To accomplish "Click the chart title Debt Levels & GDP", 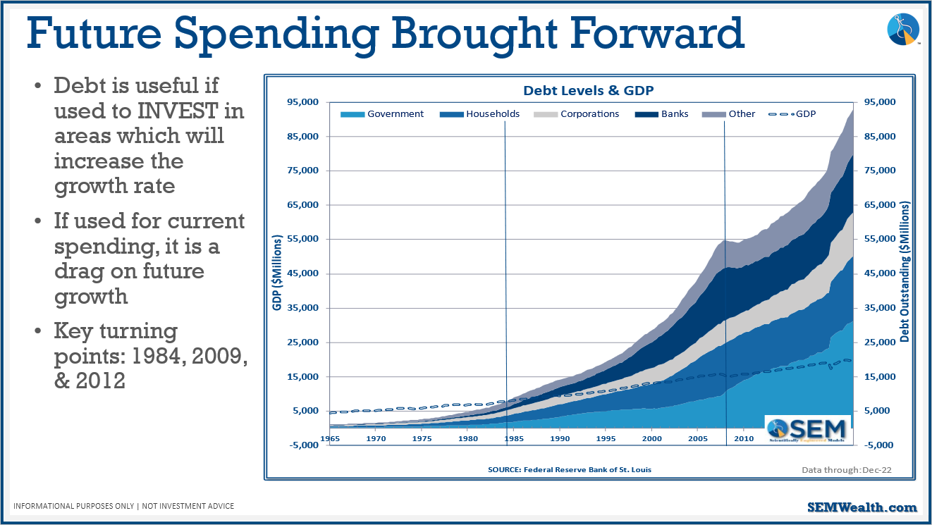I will point(589,91).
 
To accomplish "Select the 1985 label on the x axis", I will point(513,439).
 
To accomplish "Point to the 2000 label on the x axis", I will point(651,439).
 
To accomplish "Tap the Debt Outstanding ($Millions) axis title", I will point(905,273).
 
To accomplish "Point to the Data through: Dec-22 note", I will point(846,469).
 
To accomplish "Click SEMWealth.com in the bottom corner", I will point(862,507).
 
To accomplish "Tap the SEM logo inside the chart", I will point(807,429).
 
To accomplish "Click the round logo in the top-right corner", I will point(902,30).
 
